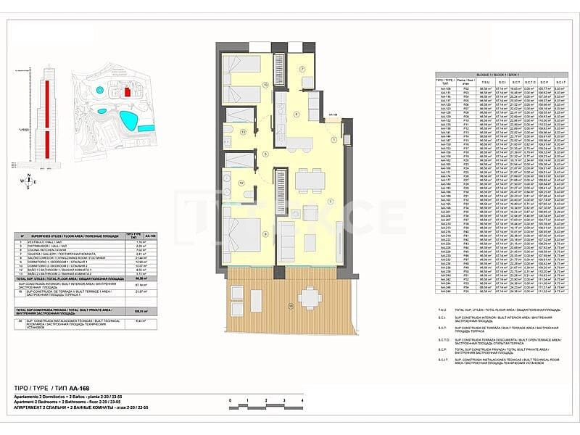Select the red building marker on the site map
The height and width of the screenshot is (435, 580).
(125, 92)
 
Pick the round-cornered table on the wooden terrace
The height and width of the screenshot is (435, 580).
(310, 297)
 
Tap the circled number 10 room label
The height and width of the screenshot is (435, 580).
(265, 85)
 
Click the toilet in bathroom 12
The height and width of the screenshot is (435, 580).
(246, 194)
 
